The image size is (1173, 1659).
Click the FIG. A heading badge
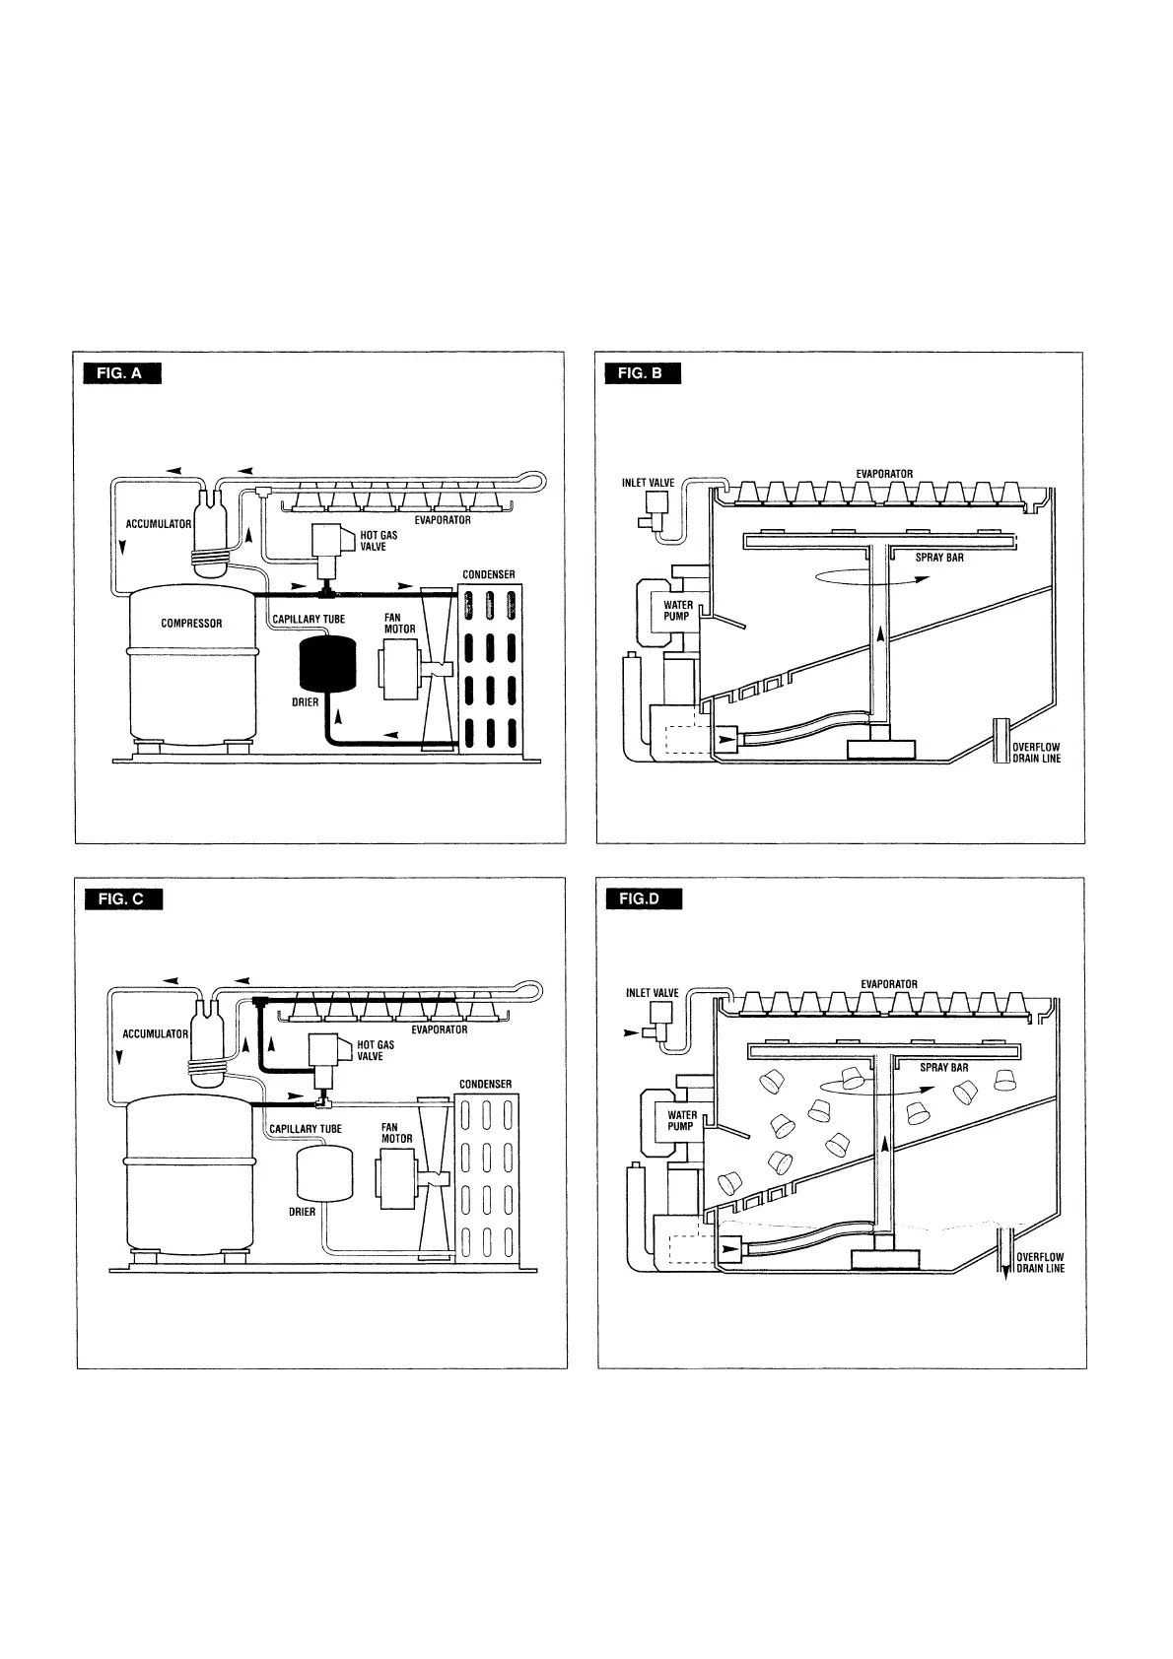click(x=122, y=372)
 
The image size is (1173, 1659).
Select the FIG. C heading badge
click(x=123, y=898)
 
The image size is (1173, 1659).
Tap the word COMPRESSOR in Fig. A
click(x=191, y=624)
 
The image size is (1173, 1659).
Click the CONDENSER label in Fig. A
click(x=489, y=574)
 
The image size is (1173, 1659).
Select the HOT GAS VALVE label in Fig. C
click(x=376, y=1051)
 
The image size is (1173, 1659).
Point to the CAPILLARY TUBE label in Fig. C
click(x=306, y=1129)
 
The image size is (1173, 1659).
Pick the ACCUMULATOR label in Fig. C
click(x=155, y=1034)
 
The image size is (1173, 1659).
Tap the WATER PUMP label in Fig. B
click(x=678, y=611)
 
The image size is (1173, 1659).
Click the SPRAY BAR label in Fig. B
click(x=939, y=558)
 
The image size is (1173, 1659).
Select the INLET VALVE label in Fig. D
click(x=653, y=993)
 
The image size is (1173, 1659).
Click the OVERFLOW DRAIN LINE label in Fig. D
click(x=1040, y=1263)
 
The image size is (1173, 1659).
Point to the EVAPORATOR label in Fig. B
click(x=884, y=474)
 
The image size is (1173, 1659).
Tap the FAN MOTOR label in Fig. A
click(x=399, y=624)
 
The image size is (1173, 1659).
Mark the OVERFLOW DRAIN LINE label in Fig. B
click(x=1036, y=753)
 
